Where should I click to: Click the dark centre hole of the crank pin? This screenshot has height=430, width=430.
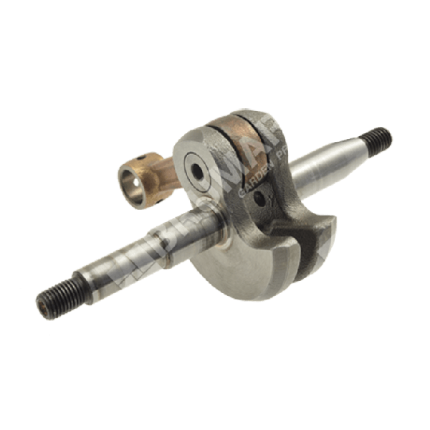pos(195,171)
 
